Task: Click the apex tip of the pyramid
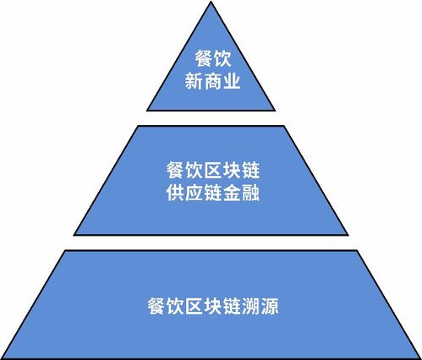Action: coord(211,2)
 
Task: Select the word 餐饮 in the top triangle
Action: coord(213,58)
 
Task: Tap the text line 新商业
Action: coord(212,81)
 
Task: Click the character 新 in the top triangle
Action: coord(194,81)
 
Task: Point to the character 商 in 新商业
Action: coord(212,81)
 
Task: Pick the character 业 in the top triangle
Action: coord(231,81)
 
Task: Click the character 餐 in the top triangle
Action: coord(204,58)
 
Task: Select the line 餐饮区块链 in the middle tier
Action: coord(213,170)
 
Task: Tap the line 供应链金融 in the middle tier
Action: coord(213,193)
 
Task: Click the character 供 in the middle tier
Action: coord(175,193)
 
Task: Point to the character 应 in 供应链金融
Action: coord(194,193)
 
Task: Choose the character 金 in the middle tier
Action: coord(232,193)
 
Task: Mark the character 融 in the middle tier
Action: coord(250,193)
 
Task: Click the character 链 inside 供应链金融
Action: coord(213,193)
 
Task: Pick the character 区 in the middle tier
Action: coord(213,170)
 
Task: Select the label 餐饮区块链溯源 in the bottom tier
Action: coord(213,306)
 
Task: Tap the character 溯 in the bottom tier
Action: coord(250,306)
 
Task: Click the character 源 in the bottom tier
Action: coord(270,306)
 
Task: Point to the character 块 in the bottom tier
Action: coord(213,306)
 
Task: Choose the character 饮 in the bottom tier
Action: coord(175,306)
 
